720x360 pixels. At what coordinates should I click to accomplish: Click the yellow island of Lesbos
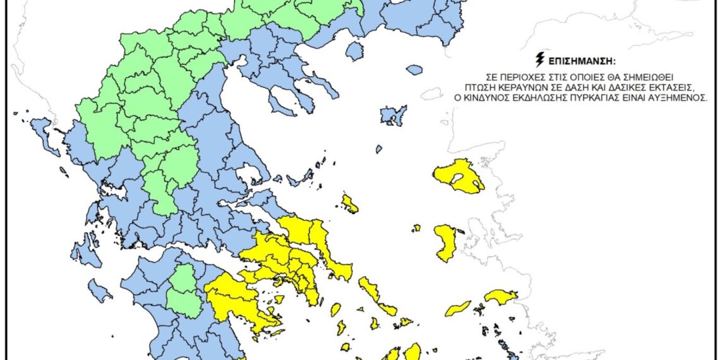[460, 175]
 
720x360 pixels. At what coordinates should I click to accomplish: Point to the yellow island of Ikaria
[458, 308]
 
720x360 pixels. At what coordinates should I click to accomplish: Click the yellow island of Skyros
[349, 203]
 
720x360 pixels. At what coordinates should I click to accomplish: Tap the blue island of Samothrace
[415, 69]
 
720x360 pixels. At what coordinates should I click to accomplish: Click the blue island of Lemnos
[393, 116]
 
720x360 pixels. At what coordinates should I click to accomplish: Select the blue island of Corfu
[44, 133]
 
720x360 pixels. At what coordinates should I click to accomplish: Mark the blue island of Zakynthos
[99, 290]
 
